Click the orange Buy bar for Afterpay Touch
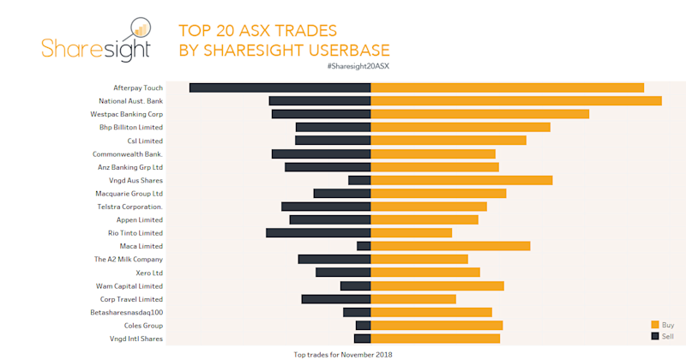tap(507, 87)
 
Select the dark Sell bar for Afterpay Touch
tap(280, 87)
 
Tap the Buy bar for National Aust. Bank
tap(515, 100)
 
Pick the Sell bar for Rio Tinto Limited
tap(318, 232)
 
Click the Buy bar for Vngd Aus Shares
tap(461, 180)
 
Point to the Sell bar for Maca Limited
tap(364, 246)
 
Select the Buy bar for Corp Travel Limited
tap(412, 299)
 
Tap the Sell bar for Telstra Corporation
tap(326, 207)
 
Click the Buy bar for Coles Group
tap(436, 326)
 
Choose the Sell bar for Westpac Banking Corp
tap(321, 114)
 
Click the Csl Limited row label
tap(145, 141)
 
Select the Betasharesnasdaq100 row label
tap(126, 312)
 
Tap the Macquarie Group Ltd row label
tap(129, 194)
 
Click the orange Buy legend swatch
tap(655, 325)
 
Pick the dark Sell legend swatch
tap(655, 336)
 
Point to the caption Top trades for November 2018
tap(343, 354)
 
